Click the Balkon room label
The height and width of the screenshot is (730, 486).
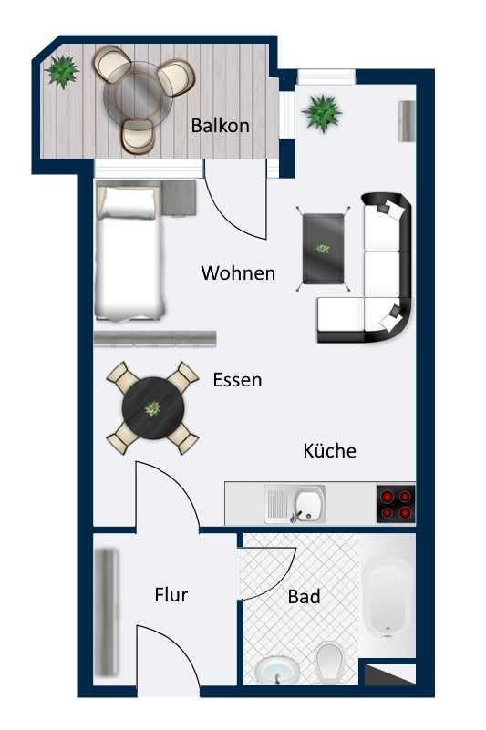pos(220,126)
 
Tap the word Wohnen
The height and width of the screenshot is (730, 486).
pos(238,272)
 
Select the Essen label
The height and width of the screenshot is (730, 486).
pos(237,380)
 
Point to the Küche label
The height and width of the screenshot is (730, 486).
pos(329,451)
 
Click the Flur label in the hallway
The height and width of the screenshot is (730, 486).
pos(171,595)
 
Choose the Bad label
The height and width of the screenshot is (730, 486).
pos(304,597)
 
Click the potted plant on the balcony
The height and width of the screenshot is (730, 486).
pos(62,70)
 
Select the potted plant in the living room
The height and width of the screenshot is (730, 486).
pos(321,112)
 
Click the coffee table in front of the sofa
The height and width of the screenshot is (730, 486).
pos(324,249)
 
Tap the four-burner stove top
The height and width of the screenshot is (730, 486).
pos(396,504)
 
